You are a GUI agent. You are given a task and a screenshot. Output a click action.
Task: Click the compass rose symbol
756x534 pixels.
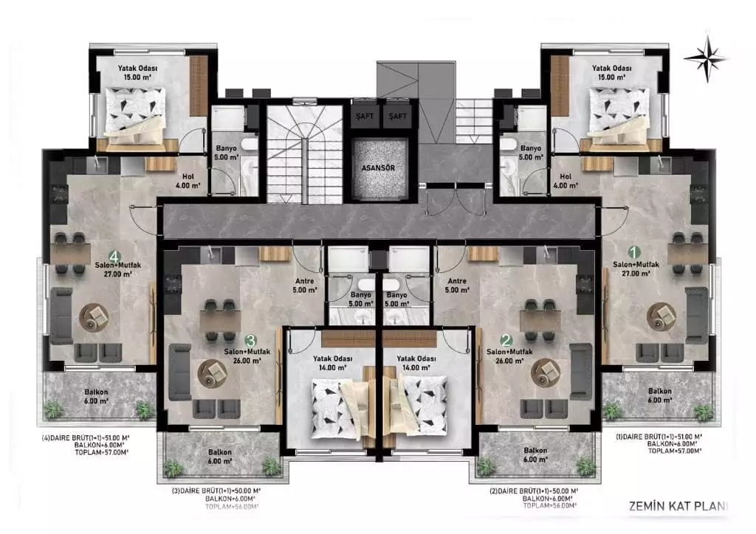pyautogui.click(x=706, y=58)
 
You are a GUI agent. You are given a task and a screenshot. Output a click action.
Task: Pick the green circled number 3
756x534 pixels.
pyautogui.click(x=250, y=341)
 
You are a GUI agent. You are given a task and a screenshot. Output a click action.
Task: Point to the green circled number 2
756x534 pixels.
pyautogui.click(x=506, y=341)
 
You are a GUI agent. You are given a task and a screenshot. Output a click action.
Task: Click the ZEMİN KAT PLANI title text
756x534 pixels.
pyautogui.click(x=677, y=507)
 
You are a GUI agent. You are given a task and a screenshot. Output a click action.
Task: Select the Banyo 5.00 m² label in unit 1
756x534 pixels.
pyautogui.click(x=530, y=153)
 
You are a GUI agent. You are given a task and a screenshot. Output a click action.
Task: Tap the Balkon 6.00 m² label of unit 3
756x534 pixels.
pyautogui.click(x=219, y=457)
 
